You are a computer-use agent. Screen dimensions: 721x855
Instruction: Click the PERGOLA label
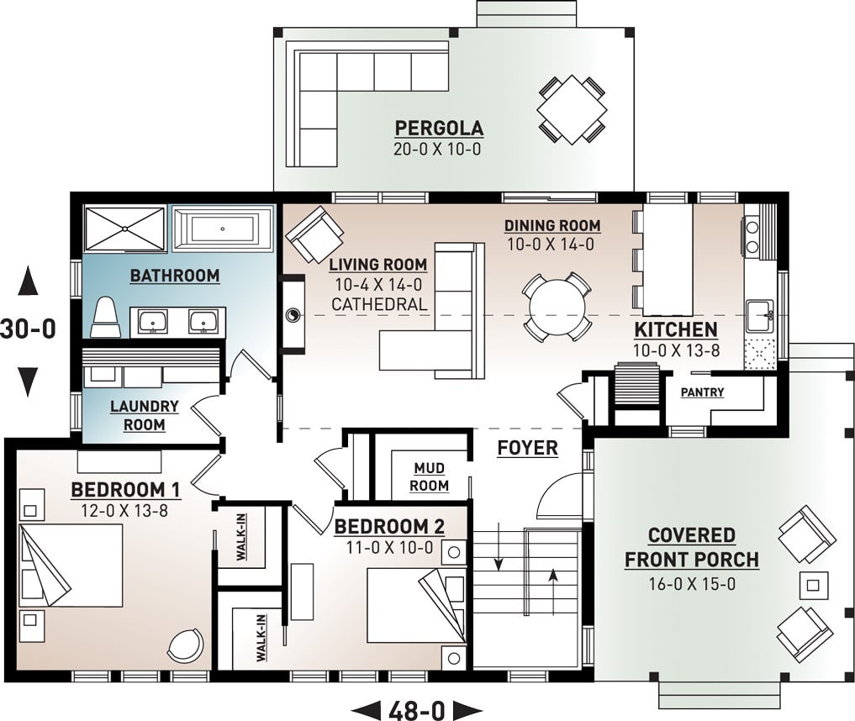pyautogui.click(x=439, y=129)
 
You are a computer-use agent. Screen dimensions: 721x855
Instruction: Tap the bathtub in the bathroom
pyautogui.click(x=223, y=229)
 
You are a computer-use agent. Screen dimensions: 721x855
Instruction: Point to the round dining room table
pyautogui.click(x=556, y=306)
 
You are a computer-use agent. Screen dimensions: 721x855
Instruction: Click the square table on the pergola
pyautogui.click(x=572, y=109)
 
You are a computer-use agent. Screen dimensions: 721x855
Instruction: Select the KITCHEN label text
pyautogui.click(x=675, y=330)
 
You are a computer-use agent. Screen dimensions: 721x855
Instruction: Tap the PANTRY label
pyautogui.click(x=702, y=392)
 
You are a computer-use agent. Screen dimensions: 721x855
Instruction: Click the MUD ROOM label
pyautogui.click(x=430, y=476)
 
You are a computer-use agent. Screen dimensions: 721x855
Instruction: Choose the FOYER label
pyautogui.click(x=527, y=448)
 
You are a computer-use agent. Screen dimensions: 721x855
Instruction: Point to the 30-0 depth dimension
pyautogui.click(x=28, y=329)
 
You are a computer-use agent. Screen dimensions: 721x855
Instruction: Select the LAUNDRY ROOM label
pyautogui.click(x=144, y=415)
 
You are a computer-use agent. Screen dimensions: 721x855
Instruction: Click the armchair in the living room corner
pyautogui.click(x=314, y=234)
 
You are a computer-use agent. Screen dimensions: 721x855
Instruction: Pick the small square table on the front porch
pyautogui.click(x=813, y=583)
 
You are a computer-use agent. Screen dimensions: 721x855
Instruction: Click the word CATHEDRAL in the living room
pyautogui.click(x=379, y=304)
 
